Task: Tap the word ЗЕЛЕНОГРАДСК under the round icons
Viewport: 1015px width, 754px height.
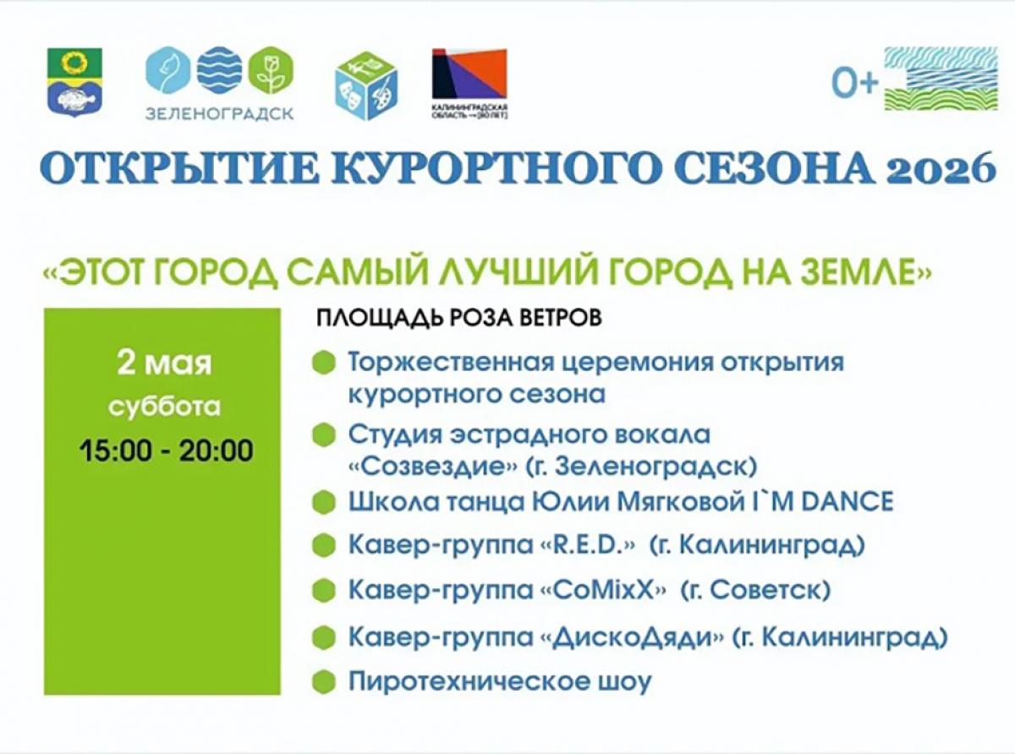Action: [x=220, y=112]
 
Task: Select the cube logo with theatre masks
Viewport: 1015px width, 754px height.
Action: [x=365, y=85]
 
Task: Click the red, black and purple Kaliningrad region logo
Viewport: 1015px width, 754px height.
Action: [x=469, y=74]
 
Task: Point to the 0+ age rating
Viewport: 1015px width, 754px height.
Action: [x=854, y=83]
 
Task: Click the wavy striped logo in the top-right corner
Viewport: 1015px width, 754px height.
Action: [x=936, y=79]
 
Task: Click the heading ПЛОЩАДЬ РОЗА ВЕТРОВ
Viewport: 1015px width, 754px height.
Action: [x=459, y=319]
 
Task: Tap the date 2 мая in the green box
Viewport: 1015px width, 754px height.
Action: [x=165, y=365]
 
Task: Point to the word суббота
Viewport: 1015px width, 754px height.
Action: [x=165, y=407]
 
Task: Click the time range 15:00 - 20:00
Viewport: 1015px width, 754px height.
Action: [x=167, y=450]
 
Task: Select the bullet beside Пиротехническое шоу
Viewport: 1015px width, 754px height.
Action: [x=321, y=681]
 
